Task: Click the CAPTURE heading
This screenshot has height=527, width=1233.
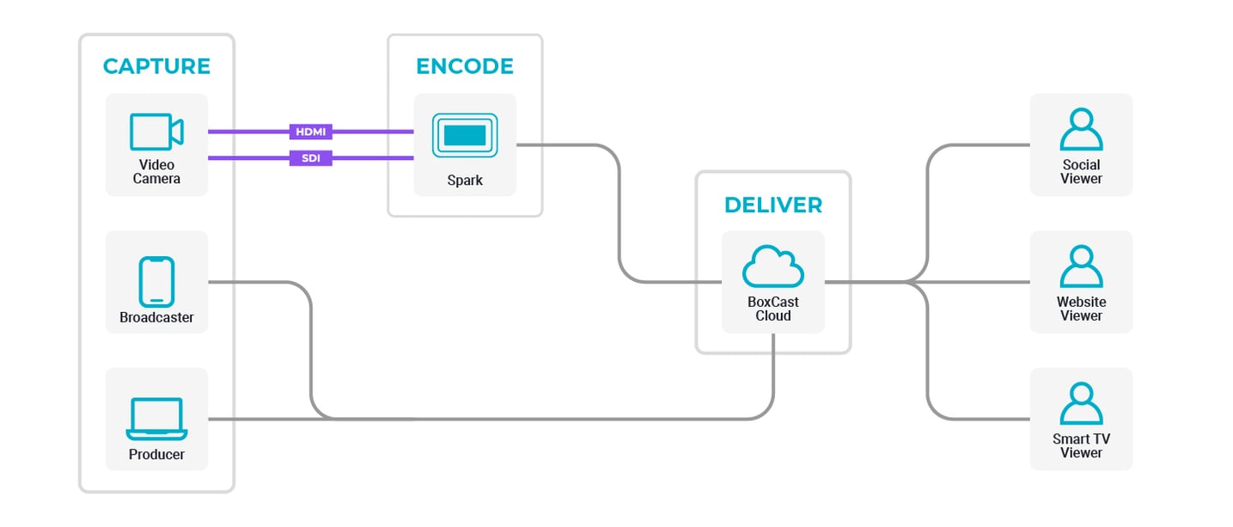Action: pyautogui.click(x=156, y=66)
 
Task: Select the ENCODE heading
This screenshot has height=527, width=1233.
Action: pyautogui.click(x=465, y=66)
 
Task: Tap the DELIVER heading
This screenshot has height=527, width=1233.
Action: pyautogui.click(x=772, y=205)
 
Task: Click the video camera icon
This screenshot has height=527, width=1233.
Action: pyautogui.click(x=156, y=132)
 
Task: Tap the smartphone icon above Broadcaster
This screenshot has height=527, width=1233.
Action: pyautogui.click(x=156, y=281)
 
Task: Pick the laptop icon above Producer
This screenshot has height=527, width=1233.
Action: pyautogui.click(x=156, y=419)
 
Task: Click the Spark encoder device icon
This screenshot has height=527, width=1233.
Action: pyautogui.click(x=465, y=135)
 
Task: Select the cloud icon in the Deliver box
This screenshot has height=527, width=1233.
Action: pyautogui.click(x=772, y=267)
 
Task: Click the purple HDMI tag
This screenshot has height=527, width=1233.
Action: pyautogui.click(x=311, y=132)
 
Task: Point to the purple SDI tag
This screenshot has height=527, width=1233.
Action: pyautogui.click(x=311, y=157)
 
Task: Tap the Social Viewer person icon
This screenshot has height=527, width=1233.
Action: pyautogui.click(x=1081, y=130)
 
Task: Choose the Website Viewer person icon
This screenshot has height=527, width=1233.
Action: pyautogui.click(x=1081, y=267)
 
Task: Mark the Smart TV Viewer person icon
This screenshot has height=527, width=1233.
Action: pyautogui.click(x=1081, y=404)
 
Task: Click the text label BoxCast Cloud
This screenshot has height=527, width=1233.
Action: pyautogui.click(x=772, y=309)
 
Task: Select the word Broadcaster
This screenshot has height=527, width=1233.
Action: pyautogui.click(x=156, y=317)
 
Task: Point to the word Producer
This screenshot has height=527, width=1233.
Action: pyautogui.click(x=156, y=454)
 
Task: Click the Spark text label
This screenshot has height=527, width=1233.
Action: pyautogui.click(x=465, y=181)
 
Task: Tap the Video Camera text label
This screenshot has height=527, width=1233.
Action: pyautogui.click(x=156, y=172)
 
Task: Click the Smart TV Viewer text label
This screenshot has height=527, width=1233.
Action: pyautogui.click(x=1081, y=445)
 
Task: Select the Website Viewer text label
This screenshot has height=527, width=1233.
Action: pyautogui.click(x=1081, y=309)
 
